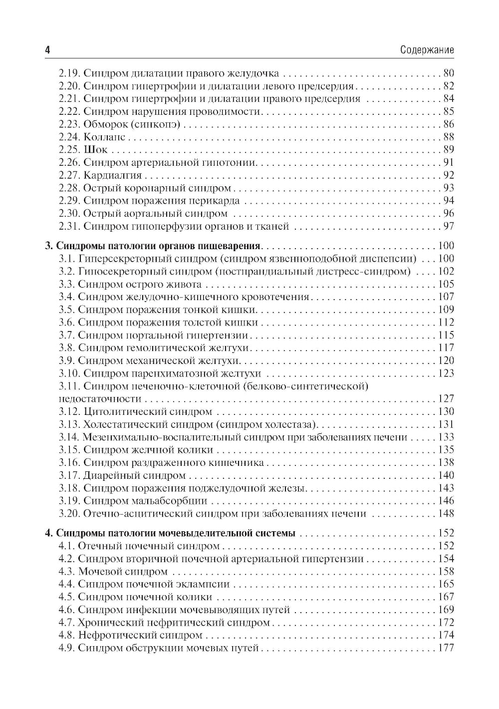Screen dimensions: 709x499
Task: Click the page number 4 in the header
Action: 47,50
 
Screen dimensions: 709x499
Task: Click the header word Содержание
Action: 427,50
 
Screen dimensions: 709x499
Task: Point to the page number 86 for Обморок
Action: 448,124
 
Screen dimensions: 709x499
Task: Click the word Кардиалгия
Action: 113,175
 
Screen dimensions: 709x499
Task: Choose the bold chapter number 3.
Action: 48,246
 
